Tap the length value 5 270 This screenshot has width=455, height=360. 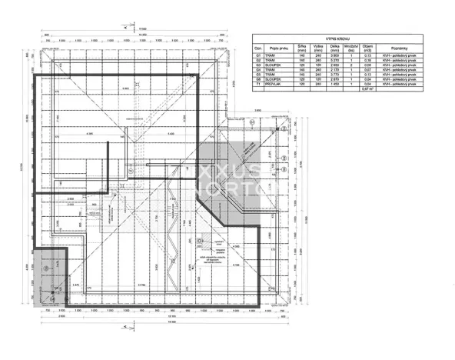334,61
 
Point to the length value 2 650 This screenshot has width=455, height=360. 334,65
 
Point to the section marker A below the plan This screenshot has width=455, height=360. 125,326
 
